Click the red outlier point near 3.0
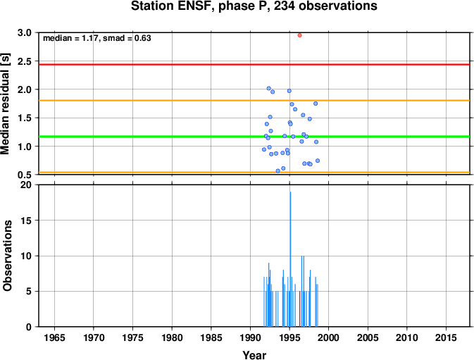[x=299, y=35]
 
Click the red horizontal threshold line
[x=254, y=64]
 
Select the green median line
[x=254, y=137]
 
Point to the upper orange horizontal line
[x=254, y=100]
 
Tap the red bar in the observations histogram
[x=299, y=309]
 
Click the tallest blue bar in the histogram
[x=290, y=259]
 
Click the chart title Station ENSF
[x=254, y=6]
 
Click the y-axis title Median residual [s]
[x=6, y=104]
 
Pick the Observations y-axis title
[x=7, y=256]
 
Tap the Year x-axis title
[x=254, y=355]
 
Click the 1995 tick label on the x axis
[x=289, y=337]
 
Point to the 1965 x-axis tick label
[x=54, y=337]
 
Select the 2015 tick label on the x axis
[x=447, y=337]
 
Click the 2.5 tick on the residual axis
[x=25, y=61]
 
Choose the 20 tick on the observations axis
[x=25, y=185]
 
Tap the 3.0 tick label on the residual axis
[x=25, y=32]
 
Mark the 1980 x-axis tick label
[x=172, y=337]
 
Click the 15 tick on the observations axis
[x=26, y=221]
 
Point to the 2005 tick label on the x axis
[x=368, y=337]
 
